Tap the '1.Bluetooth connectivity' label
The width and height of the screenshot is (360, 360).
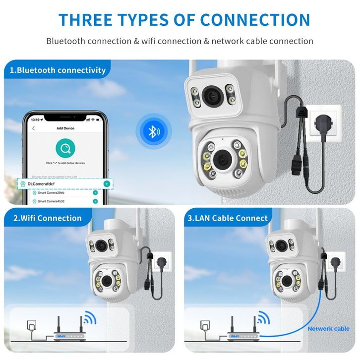pyautogui.click(x=59, y=70)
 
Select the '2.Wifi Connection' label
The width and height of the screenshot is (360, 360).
pyautogui.click(x=47, y=218)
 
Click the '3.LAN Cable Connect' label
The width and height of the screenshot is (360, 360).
pyautogui.click(x=227, y=218)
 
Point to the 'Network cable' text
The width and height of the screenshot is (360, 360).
pyautogui.click(x=328, y=328)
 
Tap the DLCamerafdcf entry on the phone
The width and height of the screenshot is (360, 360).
pyautogui.click(x=50, y=183)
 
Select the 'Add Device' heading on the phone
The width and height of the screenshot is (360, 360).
pyautogui.click(x=65, y=128)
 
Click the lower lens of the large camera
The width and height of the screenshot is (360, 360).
pyautogui.click(x=221, y=159)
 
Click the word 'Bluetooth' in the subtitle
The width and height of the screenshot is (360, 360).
pyautogui.click(x=65, y=41)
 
